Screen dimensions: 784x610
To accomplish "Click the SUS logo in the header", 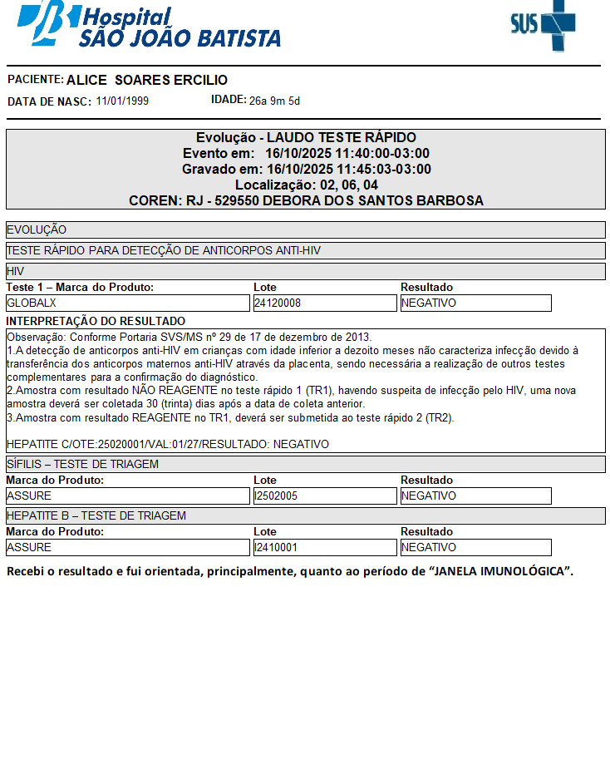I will tap(543, 25).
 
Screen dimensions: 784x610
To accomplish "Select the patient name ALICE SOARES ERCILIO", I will tap(147, 80).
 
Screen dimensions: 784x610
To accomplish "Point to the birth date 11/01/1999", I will tap(122, 101).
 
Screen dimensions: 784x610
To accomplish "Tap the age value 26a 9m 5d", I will tap(274, 101).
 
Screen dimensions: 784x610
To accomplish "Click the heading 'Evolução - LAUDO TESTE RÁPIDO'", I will tap(306, 137).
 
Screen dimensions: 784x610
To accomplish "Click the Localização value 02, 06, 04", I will tap(342, 185).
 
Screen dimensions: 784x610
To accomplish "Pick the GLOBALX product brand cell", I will tap(128, 303).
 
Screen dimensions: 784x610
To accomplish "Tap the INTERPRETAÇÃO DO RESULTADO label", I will tap(96, 321).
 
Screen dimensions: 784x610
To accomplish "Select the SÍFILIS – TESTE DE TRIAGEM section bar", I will tap(305, 464).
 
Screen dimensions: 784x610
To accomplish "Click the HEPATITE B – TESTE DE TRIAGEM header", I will tap(305, 515).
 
